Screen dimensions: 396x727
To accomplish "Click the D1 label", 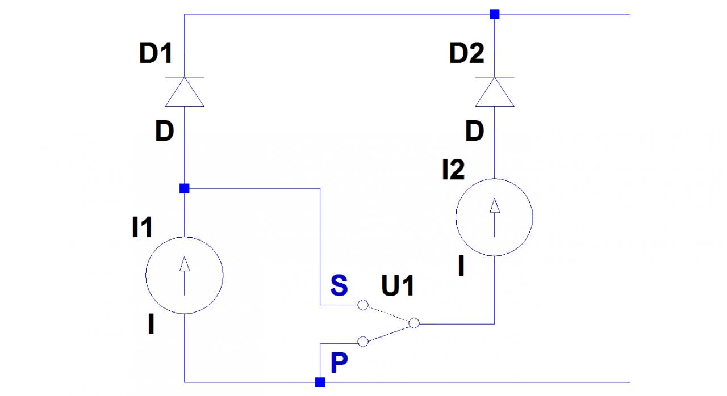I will click(x=156, y=54).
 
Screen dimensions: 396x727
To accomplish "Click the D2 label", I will click(x=466, y=54).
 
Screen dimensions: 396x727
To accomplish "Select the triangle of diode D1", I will click(x=185, y=92).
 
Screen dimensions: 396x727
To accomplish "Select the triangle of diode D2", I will click(x=495, y=92).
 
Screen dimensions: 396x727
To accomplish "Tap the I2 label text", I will click(x=453, y=170).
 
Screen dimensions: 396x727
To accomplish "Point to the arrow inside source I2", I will click(x=495, y=216).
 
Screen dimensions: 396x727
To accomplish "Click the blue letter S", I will click(x=339, y=287).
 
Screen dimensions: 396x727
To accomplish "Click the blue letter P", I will click(x=339, y=364).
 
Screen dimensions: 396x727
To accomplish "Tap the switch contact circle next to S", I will click(x=363, y=305).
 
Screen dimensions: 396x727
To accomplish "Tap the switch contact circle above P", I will click(x=363, y=342).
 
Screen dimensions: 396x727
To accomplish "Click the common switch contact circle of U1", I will click(x=414, y=323).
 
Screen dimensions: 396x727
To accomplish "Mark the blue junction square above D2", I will click(x=495, y=14).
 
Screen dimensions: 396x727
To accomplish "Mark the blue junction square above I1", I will click(x=184, y=188).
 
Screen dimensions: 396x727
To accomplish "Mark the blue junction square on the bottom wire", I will click(x=320, y=382).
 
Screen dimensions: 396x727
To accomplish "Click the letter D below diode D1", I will click(x=164, y=132).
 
